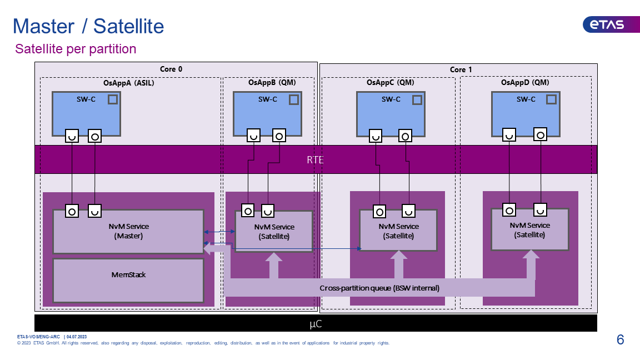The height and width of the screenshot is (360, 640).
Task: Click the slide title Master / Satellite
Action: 88,27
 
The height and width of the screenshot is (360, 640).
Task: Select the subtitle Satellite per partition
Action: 76,49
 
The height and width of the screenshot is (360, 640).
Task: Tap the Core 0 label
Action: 171,69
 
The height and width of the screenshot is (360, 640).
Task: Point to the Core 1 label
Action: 461,70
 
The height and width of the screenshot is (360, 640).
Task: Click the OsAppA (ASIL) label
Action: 128,83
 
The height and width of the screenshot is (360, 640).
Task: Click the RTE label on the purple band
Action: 315,159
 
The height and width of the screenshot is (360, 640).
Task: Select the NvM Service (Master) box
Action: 128,232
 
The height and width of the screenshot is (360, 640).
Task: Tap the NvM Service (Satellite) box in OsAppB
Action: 274,232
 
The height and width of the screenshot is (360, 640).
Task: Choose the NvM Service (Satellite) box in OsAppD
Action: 530,230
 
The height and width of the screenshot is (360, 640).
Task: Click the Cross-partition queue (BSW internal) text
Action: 379,288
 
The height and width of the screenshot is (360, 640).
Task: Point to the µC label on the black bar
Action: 316,324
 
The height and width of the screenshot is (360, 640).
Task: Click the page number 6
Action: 621,339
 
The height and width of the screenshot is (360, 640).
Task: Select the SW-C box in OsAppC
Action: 391,114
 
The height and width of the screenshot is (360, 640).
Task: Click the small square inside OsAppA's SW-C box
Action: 113,99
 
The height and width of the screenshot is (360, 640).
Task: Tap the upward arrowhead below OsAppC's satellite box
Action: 398,256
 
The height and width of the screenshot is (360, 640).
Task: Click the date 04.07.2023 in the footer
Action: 77,337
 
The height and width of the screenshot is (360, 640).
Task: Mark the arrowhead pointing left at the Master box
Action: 207,248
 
